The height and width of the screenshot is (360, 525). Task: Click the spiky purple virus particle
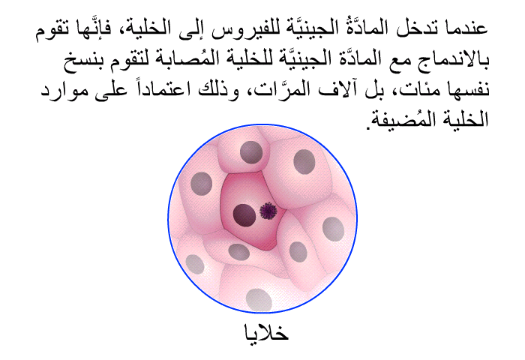(268, 211)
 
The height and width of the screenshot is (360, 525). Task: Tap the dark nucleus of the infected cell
(244, 214)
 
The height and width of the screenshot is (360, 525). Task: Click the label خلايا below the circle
(266, 332)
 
